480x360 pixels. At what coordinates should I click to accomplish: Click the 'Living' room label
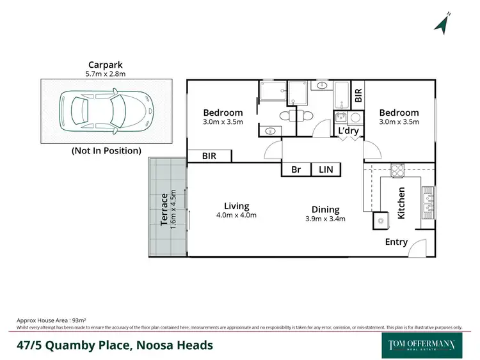(x=236, y=206)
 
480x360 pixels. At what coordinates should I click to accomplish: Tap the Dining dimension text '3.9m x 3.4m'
(x=325, y=219)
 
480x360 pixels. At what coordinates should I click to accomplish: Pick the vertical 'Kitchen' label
(x=402, y=203)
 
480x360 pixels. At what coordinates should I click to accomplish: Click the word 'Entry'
(x=396, y=242)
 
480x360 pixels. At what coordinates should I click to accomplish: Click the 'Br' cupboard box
(x=296, y=169)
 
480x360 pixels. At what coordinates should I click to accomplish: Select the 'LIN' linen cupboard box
(x=326, y=169)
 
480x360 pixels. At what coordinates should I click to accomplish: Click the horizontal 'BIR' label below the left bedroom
(x=209, y=155)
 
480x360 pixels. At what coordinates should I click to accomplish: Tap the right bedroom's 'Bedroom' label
(x=399, y=113)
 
